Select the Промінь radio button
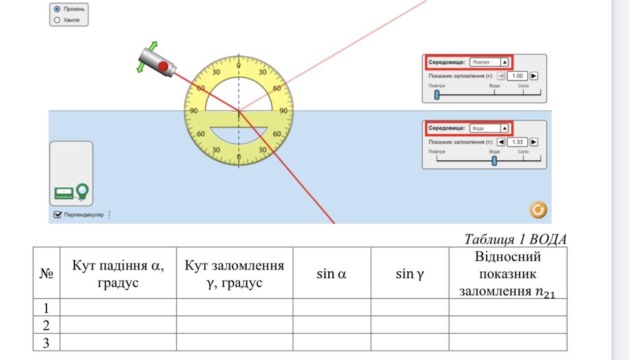tap(57, 9)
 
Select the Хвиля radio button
tap(57, 20)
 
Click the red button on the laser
tap(163, 66)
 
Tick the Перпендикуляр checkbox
tap(58, 214)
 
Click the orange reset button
tap(538, 210)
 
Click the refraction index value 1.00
tap(517, 76)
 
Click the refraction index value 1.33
tap(517, 142)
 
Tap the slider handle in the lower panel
tap(494, 160)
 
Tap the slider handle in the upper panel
tap(437, 94)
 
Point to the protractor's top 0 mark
tap(239, 65)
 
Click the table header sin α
tap(331, 274)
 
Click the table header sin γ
tap(409, 274)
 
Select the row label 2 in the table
tap(46, 325)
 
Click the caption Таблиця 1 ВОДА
tap(515, 240)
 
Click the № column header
tap(46, 273)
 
